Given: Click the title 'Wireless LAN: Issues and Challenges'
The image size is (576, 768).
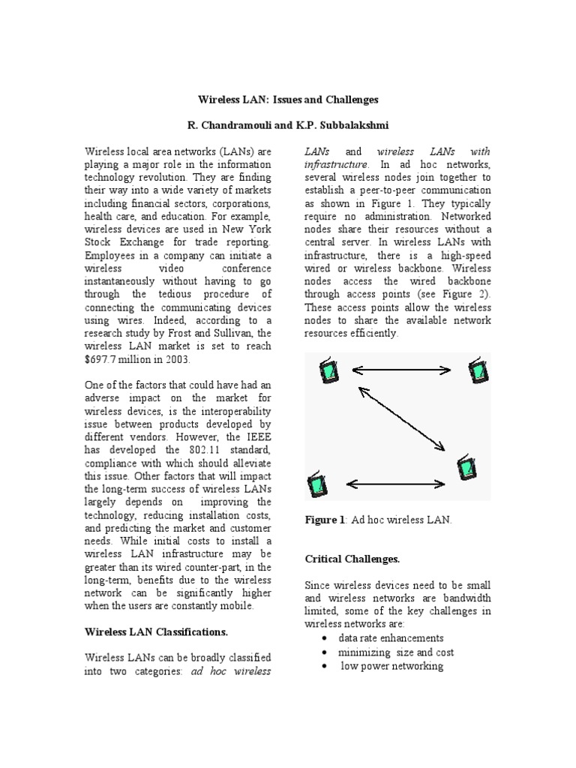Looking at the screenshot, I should click(288, 99).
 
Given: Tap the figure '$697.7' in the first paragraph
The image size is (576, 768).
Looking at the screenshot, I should click(103, 360).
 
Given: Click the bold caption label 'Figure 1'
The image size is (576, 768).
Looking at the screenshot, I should click(324, 520).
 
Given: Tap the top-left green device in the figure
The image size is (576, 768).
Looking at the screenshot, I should click(328, 370).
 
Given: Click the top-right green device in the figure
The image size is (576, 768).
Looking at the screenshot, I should click(476, 370).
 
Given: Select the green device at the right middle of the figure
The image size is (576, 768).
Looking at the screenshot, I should click(466, 468).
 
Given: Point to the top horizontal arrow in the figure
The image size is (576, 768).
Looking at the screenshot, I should click(401, 370).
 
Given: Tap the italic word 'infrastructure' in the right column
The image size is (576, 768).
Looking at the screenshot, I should click(336, 164).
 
